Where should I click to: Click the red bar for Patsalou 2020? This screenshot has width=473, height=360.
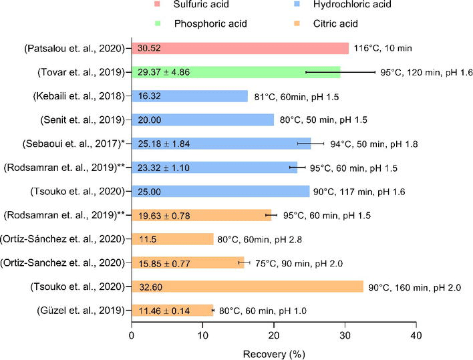(x=240, y=49)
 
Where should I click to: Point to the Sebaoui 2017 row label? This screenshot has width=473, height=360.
(x=74, y=144)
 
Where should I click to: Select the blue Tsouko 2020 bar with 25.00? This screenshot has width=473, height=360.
(x=220, y=192)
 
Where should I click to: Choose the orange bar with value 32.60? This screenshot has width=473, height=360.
(x=247, y=287)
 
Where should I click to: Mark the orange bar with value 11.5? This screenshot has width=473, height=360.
(x=172, y=239)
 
